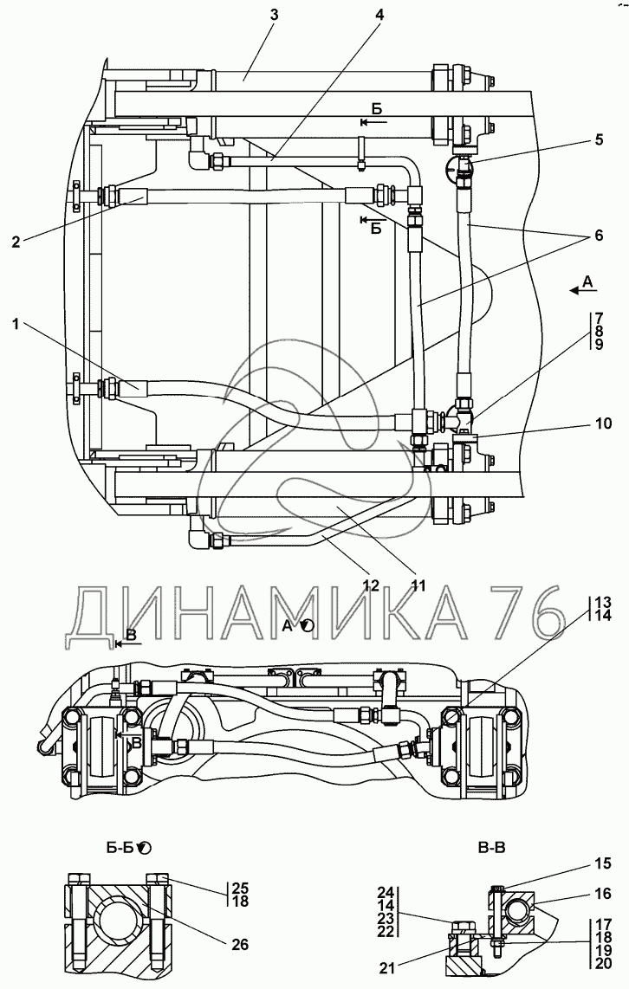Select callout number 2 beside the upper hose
pos(16,242)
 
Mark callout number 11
pos(418,585)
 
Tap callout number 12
pos(371,585)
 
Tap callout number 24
pos(386,892)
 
